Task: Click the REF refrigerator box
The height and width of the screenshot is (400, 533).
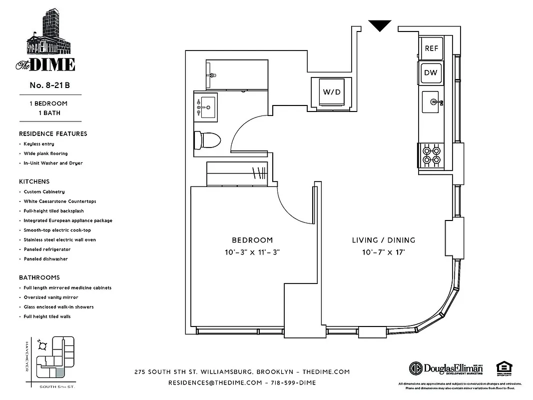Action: coord(431,48)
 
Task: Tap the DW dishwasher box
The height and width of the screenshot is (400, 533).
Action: coord(431,73)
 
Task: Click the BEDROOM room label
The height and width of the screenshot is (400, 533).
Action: coord(252,240)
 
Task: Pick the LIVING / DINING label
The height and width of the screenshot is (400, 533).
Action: coord(384,240)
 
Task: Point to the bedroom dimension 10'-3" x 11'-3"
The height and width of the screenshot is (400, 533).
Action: coord(252,252)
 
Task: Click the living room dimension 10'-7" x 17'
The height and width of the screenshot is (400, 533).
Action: coord(384,252)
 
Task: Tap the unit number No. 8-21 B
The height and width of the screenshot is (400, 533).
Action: coord(49,85)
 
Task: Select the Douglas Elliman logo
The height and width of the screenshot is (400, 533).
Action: coord(446,368)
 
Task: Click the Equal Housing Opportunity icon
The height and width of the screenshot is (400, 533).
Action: coord(502,367)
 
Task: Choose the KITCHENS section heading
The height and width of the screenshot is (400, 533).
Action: coord(34,181)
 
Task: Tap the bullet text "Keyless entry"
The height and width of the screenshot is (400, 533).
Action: coord(39,144)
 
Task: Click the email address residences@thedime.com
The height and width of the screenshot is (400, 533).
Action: coord(215,382)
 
